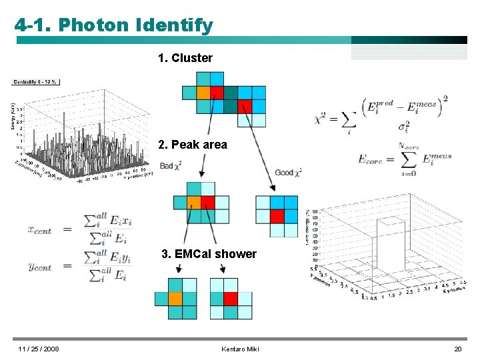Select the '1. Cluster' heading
[x=185, y=58]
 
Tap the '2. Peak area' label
[x=193, y=145]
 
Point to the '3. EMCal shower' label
[x=209, y=254]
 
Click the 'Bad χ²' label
[x=171, y=165]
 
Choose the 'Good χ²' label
[x=288, y=173]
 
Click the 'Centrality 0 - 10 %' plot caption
[x=35, y=82]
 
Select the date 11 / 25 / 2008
[x=38, y=349]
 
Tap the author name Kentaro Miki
[x=240, y=349]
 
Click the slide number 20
[x=457, y=349]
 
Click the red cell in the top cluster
[x=245, y=106]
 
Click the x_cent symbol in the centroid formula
[x=39, y=229]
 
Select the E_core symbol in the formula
[x=371, y=159]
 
